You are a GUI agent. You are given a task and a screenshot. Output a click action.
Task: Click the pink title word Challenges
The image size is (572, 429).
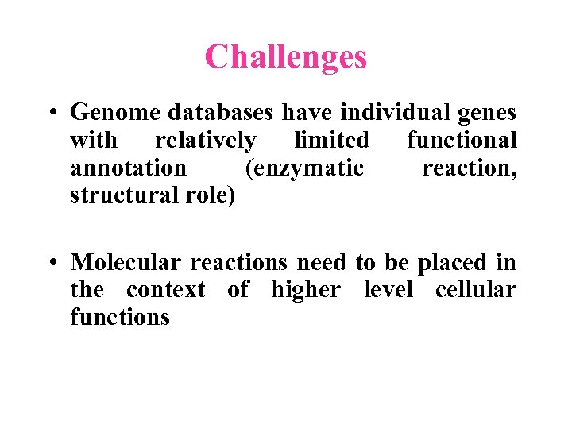click(x=286, y=56)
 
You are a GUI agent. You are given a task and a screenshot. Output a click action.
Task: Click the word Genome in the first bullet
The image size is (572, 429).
click(x=109, y=113)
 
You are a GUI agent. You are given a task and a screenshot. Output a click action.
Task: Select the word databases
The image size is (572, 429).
click(x=215, y=113)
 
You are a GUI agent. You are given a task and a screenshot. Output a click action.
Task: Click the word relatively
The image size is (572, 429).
click(x=206, y=141)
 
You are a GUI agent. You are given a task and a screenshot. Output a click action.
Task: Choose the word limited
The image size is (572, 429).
click(x=331, y=141)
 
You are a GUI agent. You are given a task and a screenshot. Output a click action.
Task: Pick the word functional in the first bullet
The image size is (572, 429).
click(x=462, y=141)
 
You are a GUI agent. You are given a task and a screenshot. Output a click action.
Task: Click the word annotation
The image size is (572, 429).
click(x=129, y=168)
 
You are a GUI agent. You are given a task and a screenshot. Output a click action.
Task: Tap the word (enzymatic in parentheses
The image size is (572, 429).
click(x=304, y=169)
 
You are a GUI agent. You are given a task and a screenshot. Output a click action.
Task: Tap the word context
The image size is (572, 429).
click(x=165, y=290)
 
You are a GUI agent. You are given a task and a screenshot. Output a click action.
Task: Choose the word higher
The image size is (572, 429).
click(x=305, y=291)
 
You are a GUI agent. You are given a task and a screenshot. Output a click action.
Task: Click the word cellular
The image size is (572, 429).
click(x=475, y=290)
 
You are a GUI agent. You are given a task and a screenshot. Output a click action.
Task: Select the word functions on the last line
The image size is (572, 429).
click(x=120, y=317)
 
